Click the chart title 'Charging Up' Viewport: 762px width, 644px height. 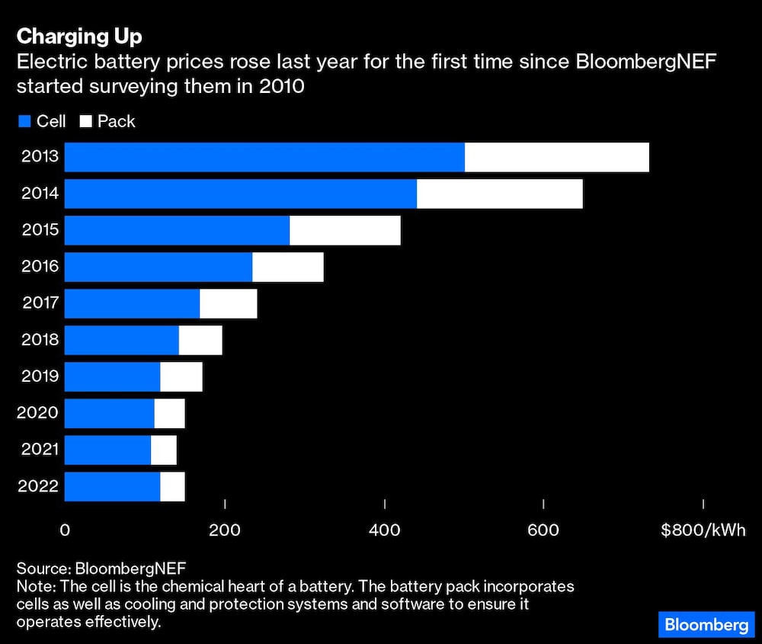(78, 36)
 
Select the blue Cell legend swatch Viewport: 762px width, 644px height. (24, 121)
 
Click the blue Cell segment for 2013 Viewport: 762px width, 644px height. (264, 157)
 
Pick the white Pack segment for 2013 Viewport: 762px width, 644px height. (556, 157)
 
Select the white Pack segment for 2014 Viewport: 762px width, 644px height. (499, 194)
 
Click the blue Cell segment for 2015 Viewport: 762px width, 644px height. (177, 230)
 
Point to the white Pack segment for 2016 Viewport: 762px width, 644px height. (287, 267)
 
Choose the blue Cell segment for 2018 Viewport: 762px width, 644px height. (121, 340)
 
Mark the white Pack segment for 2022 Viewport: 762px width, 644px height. (172, 486)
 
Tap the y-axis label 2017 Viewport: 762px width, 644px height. (40, 303)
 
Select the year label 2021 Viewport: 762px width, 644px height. (40, 450)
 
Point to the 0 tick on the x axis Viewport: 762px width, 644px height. (65, 530)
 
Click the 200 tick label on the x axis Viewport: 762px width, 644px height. (225, 530)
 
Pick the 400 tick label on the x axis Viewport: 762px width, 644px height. (385, 530)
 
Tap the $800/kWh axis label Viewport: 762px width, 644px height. (703, 530)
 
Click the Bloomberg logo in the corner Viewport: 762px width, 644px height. (706, 624)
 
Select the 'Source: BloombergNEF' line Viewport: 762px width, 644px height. (101, 569)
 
